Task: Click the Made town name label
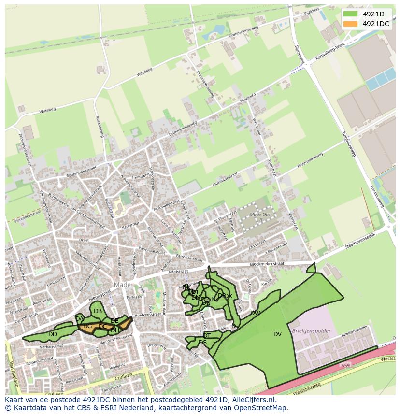123,285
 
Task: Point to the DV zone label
277,334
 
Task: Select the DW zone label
255,313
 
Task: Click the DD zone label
53,334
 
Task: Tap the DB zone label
98,311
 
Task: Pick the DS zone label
202,343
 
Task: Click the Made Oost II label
260,216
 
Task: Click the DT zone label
207,335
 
